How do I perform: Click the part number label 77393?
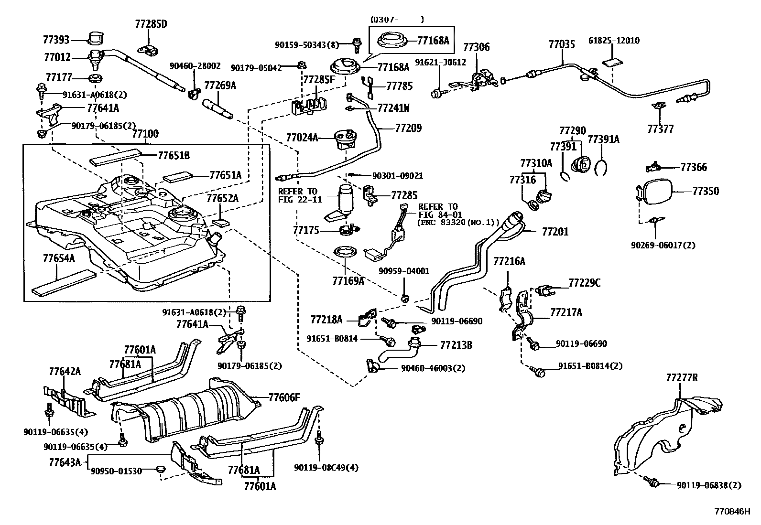click(x=56, y=40)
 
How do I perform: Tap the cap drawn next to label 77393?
click(x=96, y=38)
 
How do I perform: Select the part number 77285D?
click(x=151, y=24)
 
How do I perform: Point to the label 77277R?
click(x=682, y=377)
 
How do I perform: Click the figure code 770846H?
click(x=732, y=512)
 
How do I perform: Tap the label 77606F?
click(x=284, y=397)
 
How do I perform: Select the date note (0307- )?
click(x=397, y=20)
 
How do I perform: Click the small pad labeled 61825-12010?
click(x=612, y=63)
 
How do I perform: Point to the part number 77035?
click(x=562, y=44)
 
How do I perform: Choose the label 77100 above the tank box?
click(x=145, y=134)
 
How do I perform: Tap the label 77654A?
click(x=59, y=258)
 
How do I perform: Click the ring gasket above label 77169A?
click(x=346, y=253)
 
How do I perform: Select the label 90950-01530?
click(x=116, y=471)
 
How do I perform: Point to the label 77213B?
click(x=456, y=345)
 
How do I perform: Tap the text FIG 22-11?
click(x=300, y=199)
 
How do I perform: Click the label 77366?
click(x=694, y=167)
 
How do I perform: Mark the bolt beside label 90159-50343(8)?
click(x=357, y=45)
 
